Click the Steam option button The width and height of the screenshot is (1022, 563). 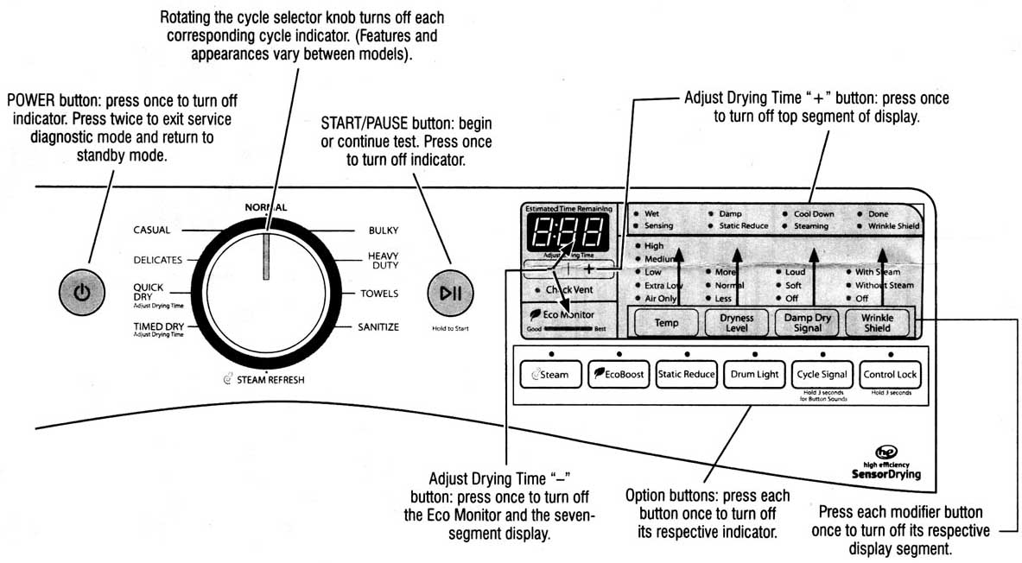(550, 375)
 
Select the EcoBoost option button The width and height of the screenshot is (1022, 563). (618, 375)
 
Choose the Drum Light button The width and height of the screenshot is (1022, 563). (754, 375)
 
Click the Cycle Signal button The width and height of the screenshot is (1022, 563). (822, 375)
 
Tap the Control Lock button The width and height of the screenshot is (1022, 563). (890, 375)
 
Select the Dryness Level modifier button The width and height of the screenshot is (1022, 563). (736, 323)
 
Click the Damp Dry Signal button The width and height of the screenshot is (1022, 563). (807, 323)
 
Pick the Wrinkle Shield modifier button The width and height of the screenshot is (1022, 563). (877, 323)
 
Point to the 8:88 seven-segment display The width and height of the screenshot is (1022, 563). (566, 231)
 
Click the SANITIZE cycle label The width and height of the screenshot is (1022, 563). (378, 326)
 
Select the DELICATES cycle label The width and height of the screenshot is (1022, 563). (157, 259)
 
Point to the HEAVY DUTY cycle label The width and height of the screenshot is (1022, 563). (383, 261)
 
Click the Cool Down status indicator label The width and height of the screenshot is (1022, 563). (814, 213)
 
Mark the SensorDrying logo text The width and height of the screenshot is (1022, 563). (886, 474)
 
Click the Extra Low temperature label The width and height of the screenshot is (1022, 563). (663, 285)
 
